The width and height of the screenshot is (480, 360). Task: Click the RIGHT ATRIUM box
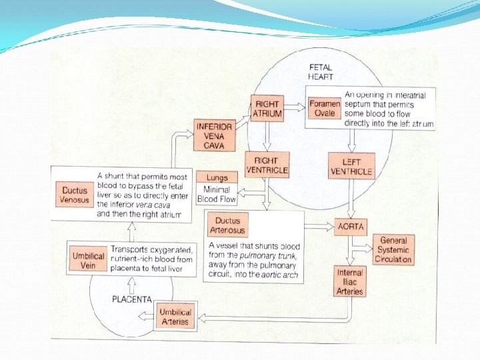pyautogui.click(x=267, y=109)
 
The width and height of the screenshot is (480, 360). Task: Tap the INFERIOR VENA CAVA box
pyautogui.click(x=215, y=136)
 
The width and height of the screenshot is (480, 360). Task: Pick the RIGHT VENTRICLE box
pyautogui.click(x=267, y=165)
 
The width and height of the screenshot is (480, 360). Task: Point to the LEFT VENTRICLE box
pyautogui.click(x=351, y=166)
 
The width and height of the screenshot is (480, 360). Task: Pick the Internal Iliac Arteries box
pyautogui.click(x=350, y=281)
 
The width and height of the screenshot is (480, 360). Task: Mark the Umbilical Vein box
pyautogui.click(x=88, y=259)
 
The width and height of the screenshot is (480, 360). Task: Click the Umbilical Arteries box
pyautogui.click(x=175, y=316)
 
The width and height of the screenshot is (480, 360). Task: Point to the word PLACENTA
pyautogui.click(x=131, y=299)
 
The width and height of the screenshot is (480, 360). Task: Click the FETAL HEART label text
pyautogui.click(x=321, y=72)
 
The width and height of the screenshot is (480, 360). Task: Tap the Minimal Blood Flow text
pyautogui.click(x=217, y=195)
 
